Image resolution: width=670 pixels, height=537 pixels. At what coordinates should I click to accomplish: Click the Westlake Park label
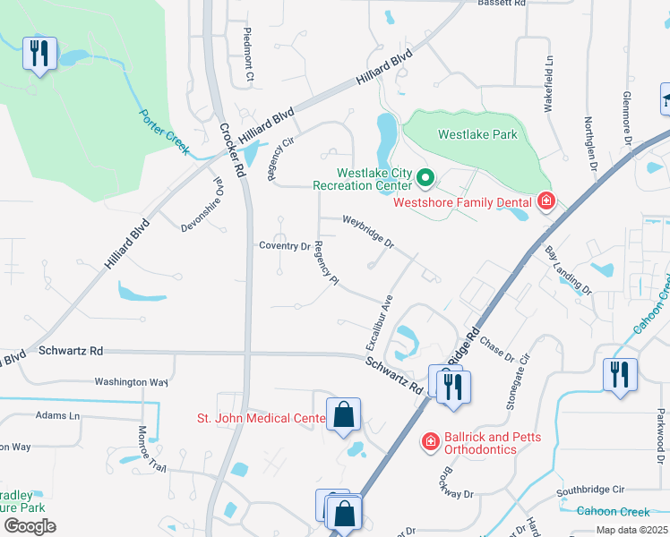point(477,135)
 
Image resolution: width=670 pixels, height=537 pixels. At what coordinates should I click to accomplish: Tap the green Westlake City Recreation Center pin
point(425,181)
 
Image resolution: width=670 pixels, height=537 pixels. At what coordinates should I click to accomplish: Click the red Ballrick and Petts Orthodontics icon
point(430,442)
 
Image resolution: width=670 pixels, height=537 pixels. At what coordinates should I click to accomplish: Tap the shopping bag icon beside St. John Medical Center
point(343,414)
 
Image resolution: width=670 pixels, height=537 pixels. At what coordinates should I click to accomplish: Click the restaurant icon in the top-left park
point(39,54)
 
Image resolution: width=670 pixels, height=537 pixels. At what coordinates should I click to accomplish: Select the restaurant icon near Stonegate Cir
point(619,375)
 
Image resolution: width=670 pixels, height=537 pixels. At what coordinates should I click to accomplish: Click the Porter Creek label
point(163,131)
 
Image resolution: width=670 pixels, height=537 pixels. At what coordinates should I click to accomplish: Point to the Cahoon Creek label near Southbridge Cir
point(613,511)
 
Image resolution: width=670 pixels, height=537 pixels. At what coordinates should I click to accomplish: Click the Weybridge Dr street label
point(368,231)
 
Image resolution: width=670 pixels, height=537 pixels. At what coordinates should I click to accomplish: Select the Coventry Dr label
point(284,246)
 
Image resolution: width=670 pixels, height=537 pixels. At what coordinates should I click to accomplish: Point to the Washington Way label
point(132,382)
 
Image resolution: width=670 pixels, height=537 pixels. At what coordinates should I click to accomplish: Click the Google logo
point(30,526)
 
